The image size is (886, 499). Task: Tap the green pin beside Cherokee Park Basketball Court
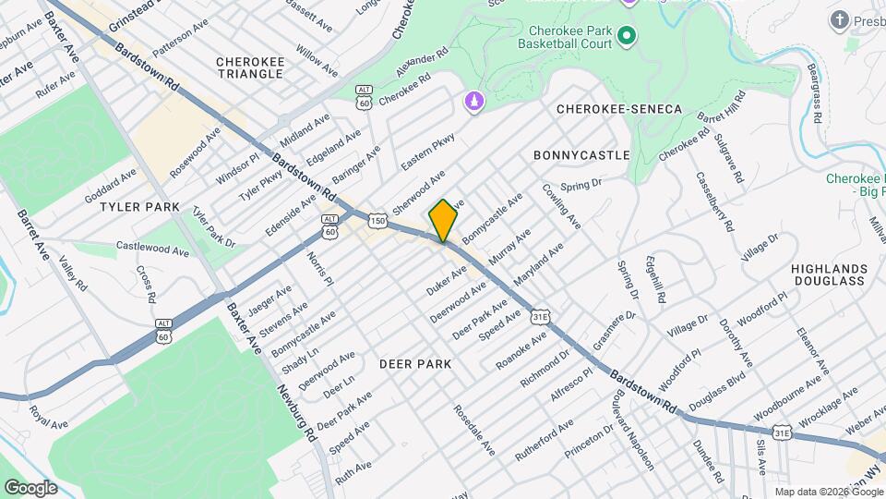point(627,36)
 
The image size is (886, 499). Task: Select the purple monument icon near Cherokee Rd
point(474,99)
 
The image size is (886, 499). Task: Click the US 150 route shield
point(377,220)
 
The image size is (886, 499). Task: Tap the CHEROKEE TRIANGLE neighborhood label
point(249,67)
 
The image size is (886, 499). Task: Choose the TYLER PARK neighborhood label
point(140,207)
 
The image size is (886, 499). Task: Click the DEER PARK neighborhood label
point(416,364)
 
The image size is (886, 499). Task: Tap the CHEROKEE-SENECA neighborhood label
point(619,109)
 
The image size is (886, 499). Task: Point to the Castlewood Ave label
point(152,248)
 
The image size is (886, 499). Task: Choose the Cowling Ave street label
point(568,206)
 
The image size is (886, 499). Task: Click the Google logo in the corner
point(30,487)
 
